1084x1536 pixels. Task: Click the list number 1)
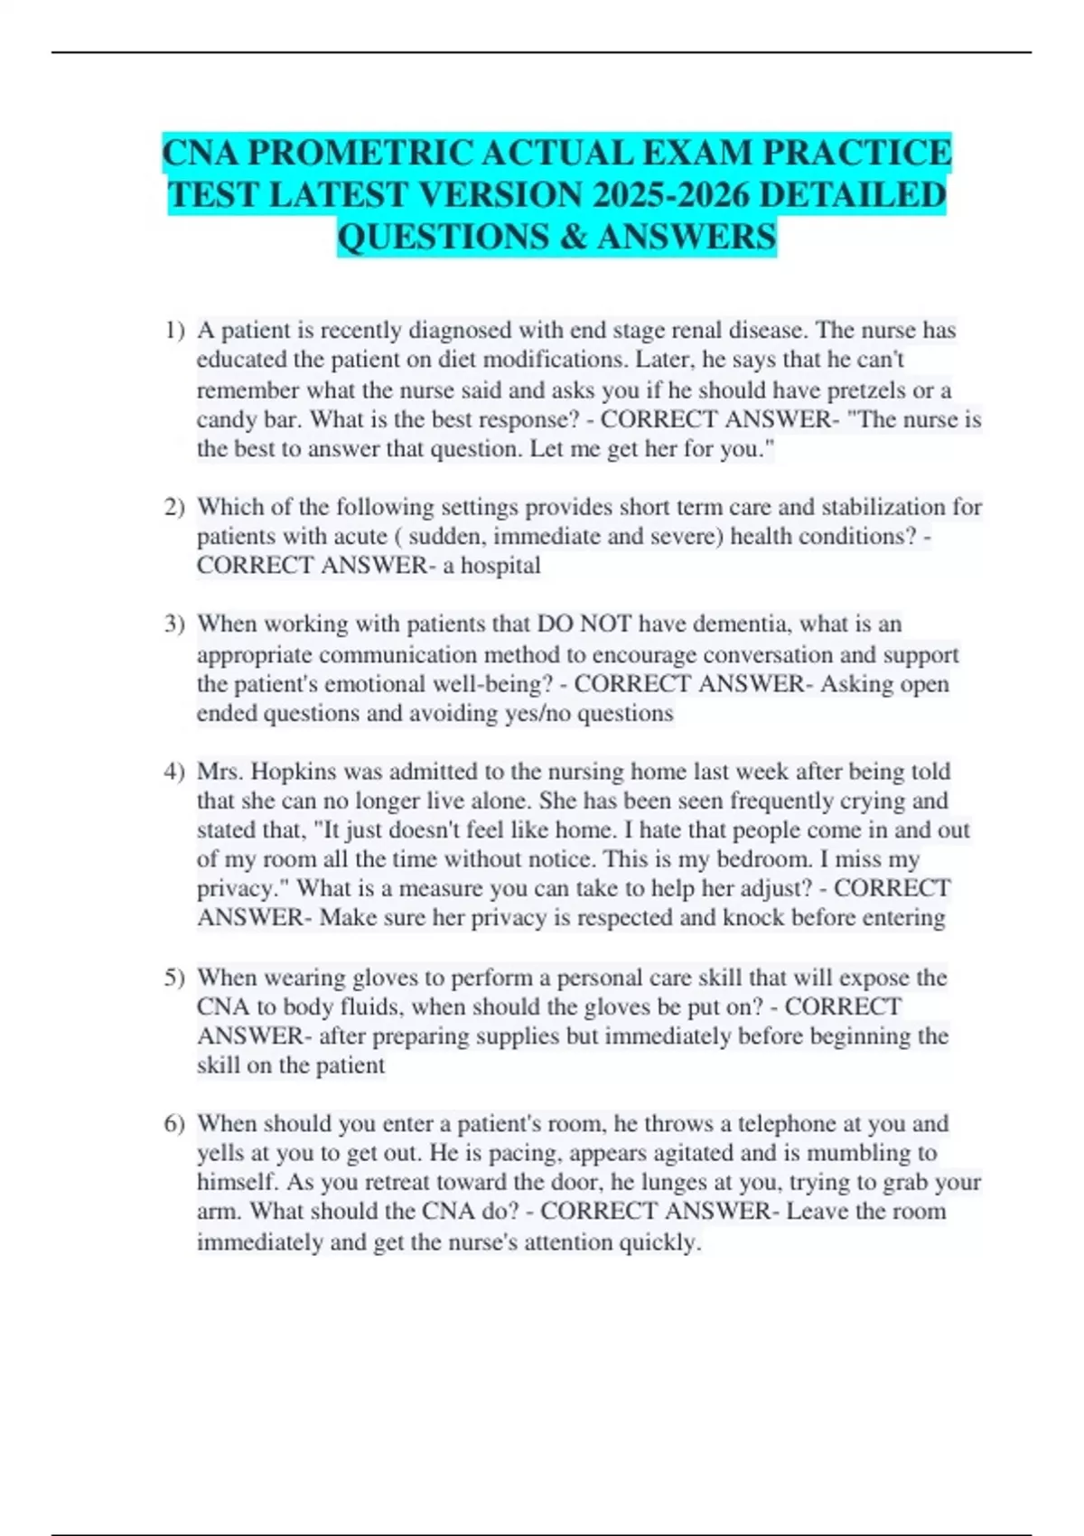174,331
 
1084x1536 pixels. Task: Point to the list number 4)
174,772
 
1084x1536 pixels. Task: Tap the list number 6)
174,1124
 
